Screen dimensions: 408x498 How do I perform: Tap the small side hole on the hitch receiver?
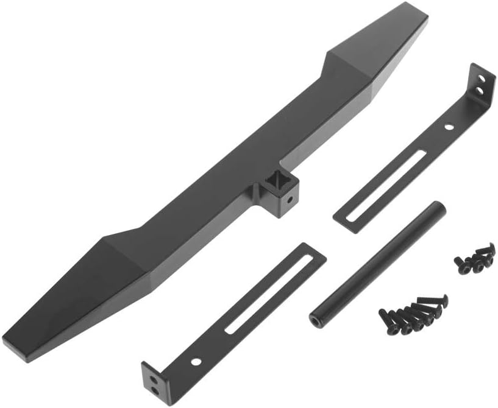coord(291,199)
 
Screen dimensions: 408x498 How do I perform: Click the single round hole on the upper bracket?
coord(449,127)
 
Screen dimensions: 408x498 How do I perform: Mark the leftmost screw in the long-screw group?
coord(385,315)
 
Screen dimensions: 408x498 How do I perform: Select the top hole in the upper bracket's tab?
coord(484,79)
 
